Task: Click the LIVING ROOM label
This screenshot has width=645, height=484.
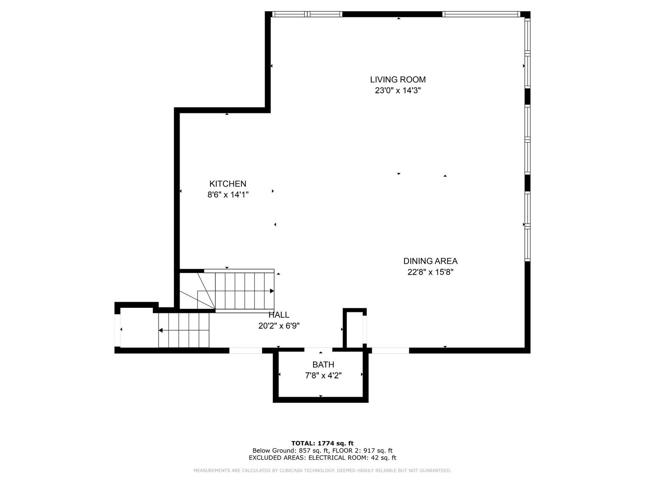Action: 398,80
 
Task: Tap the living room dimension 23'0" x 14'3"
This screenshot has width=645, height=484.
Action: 398,91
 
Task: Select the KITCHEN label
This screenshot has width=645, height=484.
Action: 228,184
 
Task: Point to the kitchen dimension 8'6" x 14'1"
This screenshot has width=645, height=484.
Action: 228,194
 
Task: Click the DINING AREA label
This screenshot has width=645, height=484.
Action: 430,261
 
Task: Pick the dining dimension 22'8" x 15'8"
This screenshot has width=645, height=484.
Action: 430,272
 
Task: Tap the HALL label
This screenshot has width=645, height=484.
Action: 279,315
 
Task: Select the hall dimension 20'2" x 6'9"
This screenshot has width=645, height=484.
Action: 279,326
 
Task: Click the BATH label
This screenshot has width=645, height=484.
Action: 323,365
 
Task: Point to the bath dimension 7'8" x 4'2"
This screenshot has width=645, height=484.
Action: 323,376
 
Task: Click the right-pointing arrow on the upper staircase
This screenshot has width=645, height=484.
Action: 271,291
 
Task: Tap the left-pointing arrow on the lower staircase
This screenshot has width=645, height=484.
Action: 160,331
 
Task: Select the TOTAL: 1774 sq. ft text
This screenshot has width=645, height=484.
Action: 322,443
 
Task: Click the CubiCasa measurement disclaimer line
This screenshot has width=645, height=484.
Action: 322,471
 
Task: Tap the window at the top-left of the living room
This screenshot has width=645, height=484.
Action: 307,14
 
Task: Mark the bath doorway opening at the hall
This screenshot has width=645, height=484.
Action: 318,350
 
